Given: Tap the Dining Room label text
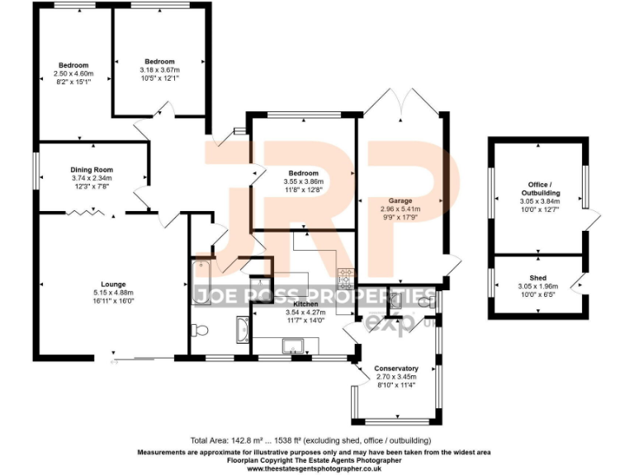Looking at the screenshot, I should [x=91, y=170].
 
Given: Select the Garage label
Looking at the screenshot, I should [x=401, y=200].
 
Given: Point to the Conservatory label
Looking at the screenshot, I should [x=396, y=368].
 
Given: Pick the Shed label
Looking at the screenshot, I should [x=538, y=278].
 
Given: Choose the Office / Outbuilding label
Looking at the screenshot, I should [x=539, y=189].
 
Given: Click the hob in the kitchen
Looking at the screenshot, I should [x=346, y=275].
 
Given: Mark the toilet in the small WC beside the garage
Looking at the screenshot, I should [x=424, y=303].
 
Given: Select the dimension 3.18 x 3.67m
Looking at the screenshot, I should [x=159, y=70].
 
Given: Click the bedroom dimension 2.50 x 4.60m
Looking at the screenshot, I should [x=73, y=73].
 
